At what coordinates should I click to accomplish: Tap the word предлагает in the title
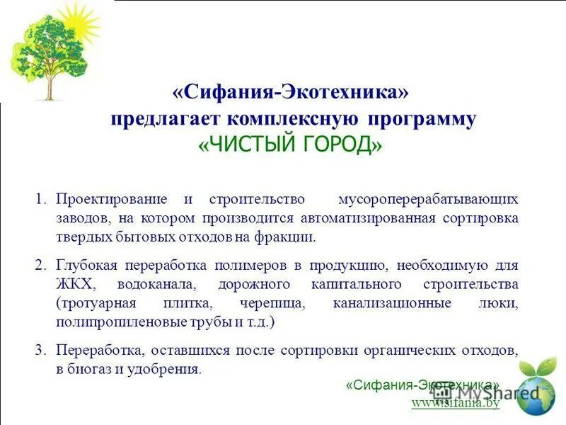(167, 119)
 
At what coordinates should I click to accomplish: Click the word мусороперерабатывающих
(429, 199)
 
